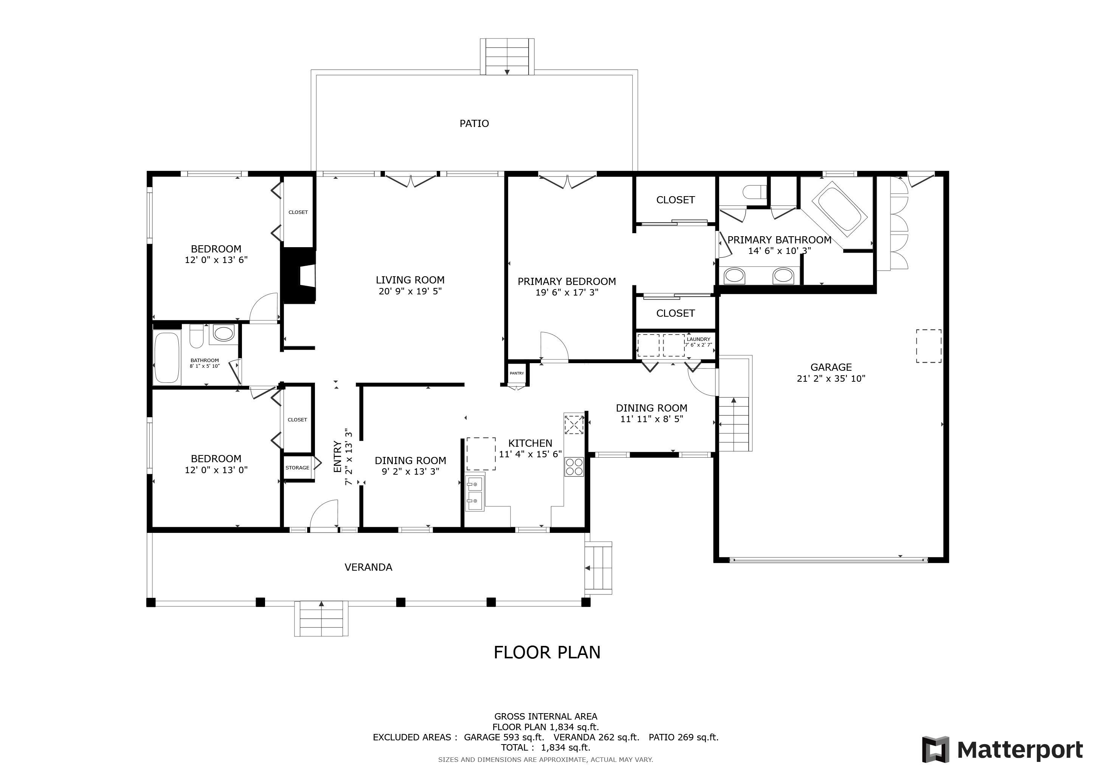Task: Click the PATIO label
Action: (474, 124)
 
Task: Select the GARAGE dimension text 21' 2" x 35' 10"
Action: (831, 378)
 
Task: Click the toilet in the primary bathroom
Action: (754, 192)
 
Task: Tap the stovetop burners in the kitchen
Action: (574, 467)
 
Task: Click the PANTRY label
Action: (516, 373)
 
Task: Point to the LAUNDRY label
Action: (698, 339)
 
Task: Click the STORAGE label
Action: (297, 467)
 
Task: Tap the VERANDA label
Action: (368, 567)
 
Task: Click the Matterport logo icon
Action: (935, 749)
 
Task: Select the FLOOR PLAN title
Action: (547, 652)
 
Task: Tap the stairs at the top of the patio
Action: (507, 57)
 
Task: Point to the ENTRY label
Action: (337, 457)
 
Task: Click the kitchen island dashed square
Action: (481, 454)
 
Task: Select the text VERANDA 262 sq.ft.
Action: (596, 737)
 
